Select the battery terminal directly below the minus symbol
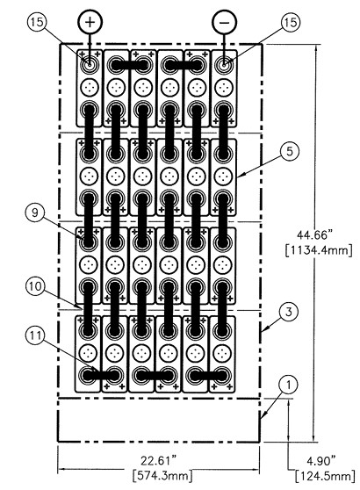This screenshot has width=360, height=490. (226, 64)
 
